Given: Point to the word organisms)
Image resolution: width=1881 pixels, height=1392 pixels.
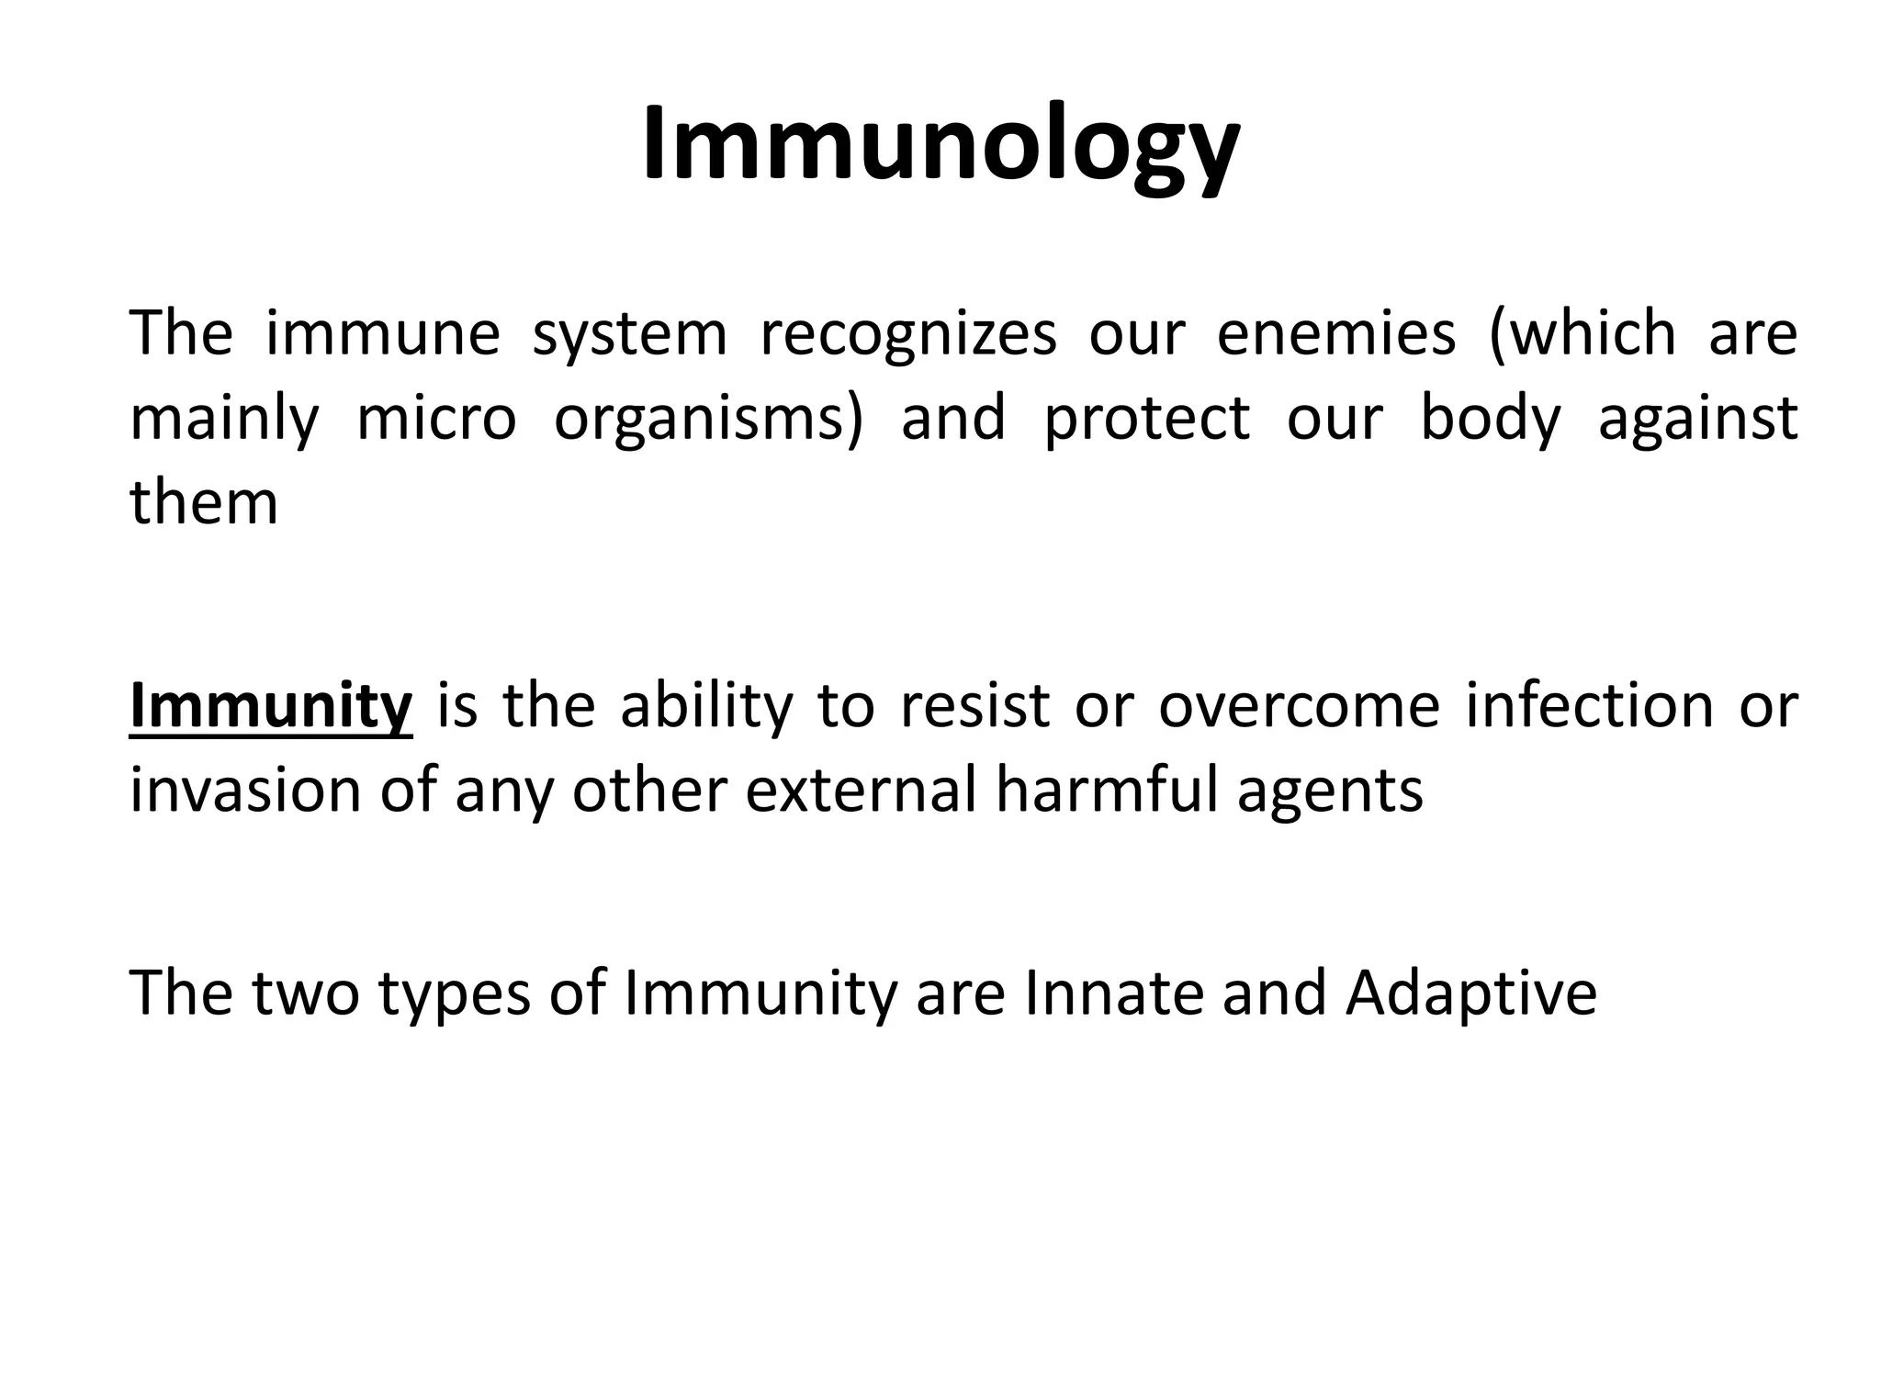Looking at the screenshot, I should coord(708,420).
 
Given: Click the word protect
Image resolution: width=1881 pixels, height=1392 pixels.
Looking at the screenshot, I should coord(1147,419).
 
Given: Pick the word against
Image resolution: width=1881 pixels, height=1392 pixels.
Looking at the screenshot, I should coord(1697,420).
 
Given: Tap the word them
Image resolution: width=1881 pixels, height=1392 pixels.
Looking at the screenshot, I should coord(203,503).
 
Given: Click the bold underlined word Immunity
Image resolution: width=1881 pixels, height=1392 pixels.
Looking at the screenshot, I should coord(271,707).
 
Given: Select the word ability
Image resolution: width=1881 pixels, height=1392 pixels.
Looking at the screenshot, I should coord(705,707).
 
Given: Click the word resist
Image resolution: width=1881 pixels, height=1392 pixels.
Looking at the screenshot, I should coord(974,707).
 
